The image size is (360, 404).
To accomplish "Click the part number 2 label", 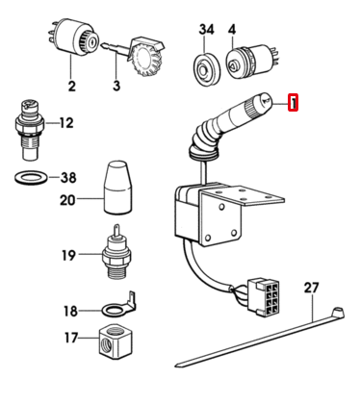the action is (x=72, y=86).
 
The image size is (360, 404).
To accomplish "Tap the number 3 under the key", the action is (x=116, y=86).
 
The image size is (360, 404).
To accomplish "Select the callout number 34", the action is (x=206, y=30).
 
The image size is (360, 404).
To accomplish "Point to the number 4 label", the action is (x=232, y=30).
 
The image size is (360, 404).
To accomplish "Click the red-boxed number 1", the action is (x=294, y=103).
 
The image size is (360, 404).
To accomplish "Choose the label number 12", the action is (x=66, y=123).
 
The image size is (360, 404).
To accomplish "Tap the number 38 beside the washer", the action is (x=68, y=177).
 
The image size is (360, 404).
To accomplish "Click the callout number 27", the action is (x=312, y=288).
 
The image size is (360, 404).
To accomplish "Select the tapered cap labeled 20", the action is (x=117, y=188).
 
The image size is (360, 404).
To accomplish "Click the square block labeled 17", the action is (x=116, y=341).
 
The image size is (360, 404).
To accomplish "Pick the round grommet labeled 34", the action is (x=206, y=68).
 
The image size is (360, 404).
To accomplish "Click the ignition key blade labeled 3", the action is (x=115, y=49).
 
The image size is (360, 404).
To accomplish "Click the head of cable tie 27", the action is (x=337, y=313).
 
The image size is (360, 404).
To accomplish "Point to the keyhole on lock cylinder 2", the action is (x=92, y=41).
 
